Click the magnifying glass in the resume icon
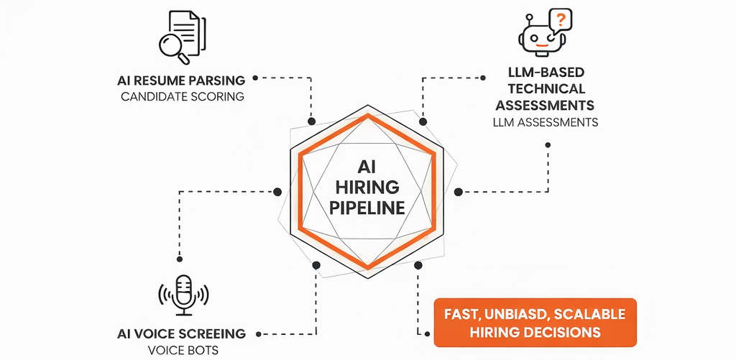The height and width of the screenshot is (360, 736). click(x=171, y=46)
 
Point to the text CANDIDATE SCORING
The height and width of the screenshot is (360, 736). click(x=183, y=96)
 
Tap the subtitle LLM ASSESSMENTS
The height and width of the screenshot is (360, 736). click(x=546, y=122)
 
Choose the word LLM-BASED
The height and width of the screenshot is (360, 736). click(x=546, y=73)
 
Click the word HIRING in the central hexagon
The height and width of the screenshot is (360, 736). click(x=367, y=187)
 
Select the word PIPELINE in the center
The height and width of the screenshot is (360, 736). click(x=367, y=208)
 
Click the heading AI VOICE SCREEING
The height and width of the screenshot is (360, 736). click(x=181, y=334)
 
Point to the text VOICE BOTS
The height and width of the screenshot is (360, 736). click(x=182, y=350)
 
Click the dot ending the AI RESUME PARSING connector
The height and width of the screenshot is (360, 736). click(x=311, y=122)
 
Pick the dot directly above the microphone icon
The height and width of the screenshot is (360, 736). click(x=180, y=259)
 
